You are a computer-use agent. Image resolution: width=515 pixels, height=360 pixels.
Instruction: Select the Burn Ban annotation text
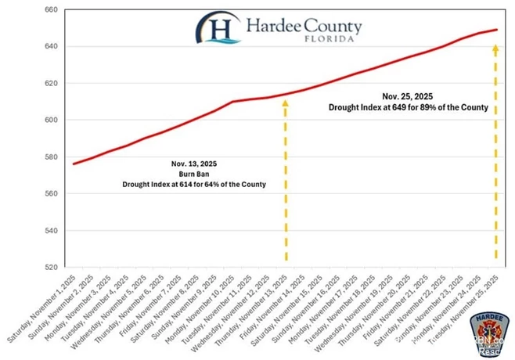[193, 174]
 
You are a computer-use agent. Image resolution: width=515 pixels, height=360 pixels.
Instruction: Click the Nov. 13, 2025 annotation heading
[193, 164]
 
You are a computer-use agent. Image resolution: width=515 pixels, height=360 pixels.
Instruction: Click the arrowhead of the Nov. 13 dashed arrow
[285, 102]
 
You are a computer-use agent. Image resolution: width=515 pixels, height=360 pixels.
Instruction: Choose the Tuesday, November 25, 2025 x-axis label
[471, 301]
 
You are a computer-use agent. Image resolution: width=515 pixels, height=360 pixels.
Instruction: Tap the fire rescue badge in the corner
[485, 335]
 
